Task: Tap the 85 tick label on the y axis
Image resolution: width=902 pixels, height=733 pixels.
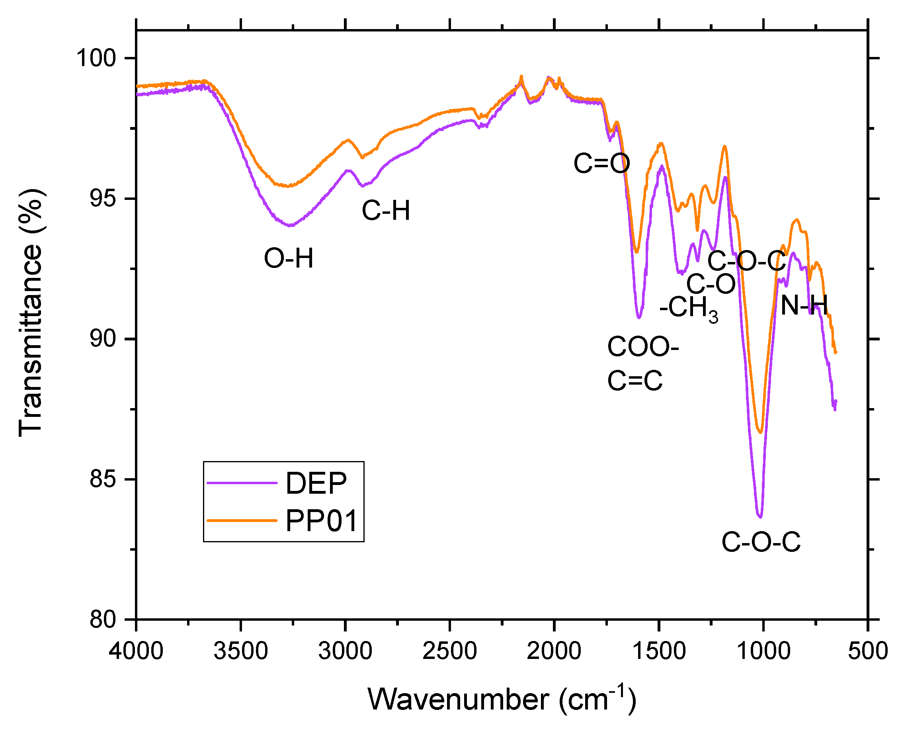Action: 103,480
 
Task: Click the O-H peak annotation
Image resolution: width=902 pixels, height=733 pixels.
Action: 289,258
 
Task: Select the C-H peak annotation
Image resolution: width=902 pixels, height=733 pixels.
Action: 386,210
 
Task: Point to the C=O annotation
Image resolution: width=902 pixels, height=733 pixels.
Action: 601,163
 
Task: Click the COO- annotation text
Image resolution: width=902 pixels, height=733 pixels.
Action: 643,347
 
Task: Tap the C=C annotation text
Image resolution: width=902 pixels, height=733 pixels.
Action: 635,380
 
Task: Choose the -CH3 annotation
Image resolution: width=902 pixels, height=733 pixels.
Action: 688,308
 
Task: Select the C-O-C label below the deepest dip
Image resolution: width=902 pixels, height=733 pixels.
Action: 761,542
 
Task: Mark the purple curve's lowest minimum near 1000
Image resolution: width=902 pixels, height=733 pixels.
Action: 760,516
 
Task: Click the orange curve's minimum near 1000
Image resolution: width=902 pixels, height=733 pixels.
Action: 761,432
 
